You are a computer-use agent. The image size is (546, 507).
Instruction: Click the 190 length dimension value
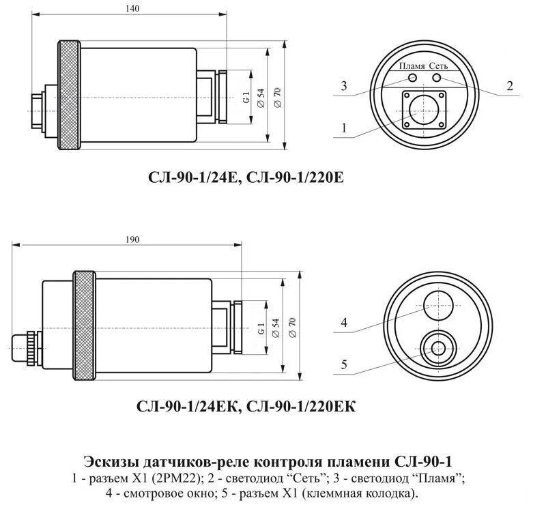tap(133, 240)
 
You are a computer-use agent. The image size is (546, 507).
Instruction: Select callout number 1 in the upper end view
tap(344, 127)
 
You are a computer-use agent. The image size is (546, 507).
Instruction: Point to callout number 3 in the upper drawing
tap(344, 86)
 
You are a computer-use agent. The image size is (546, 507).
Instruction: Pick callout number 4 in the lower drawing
tap(344, 323)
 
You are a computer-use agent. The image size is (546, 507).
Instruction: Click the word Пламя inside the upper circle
tap(413, 67)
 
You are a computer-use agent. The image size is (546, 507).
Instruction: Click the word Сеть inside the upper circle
tap(438, 67)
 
